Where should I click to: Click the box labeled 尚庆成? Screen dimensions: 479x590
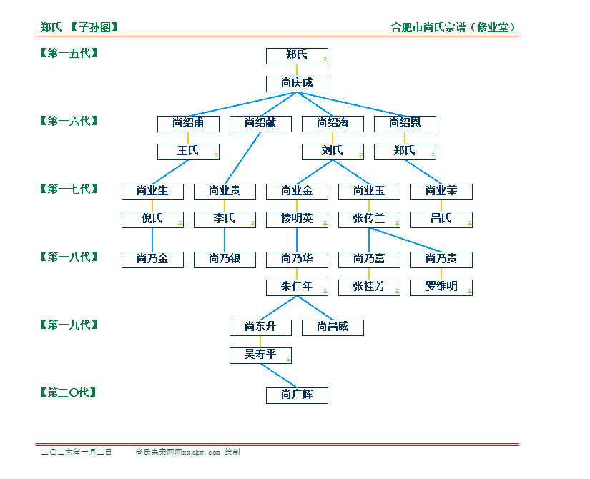(x=297, y=83)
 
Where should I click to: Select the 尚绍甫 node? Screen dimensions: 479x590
(x=188, y=123)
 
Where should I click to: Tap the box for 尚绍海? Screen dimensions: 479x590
(x=333, y=123)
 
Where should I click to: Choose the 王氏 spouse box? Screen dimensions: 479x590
(x=188, y=151)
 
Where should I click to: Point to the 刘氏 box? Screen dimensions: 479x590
(x=333, y=151)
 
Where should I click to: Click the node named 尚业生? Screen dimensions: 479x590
(x=152, y=191)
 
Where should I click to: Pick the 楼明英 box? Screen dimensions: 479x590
(x=297, y=219)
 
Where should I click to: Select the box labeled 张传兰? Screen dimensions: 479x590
(x=369, y=219)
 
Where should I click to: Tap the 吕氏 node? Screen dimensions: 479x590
(x=441, y=219)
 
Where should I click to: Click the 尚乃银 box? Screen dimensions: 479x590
(x=225, y=259)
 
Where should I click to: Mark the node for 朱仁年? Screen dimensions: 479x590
(x=297, y=287)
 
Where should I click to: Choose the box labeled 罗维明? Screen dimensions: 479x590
(x=441, y=287)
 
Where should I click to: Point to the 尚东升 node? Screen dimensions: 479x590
(x=260, y=327)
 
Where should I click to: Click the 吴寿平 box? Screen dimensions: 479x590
(x=260, y=355)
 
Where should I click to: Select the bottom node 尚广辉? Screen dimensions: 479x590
(x=297, y=395)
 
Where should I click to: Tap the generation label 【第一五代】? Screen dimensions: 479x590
(x=69, y=53)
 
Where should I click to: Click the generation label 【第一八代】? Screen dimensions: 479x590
(x=69, y=257)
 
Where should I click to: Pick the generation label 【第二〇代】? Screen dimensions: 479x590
(x=69, y=392)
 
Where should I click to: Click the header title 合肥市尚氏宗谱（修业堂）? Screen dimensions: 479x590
(x=454, y=27)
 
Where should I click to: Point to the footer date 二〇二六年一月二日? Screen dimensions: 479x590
(x=77, y=452)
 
